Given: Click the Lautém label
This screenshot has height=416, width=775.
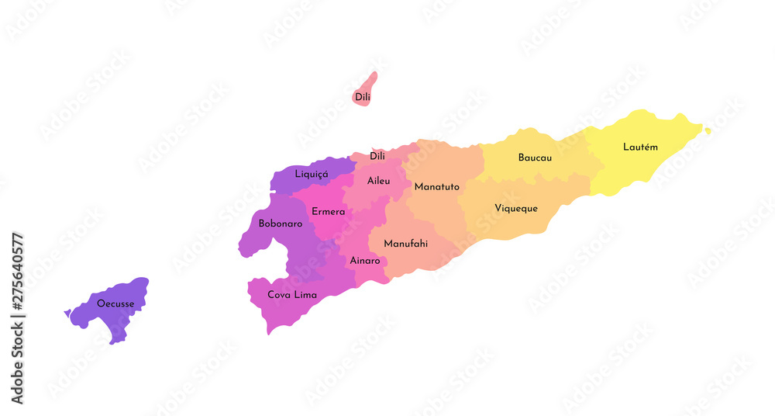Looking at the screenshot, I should pos(640,147).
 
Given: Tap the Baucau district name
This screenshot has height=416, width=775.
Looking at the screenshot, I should pos(535,158).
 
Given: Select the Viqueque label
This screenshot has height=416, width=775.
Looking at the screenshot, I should pos(515,208).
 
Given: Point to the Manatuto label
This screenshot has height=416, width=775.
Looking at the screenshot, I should pos(436,187).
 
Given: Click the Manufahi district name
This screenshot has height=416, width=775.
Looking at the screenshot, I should pos(405,244).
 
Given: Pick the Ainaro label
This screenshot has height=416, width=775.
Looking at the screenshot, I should pos(365,261).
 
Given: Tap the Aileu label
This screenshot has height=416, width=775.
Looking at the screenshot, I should pos(378,181).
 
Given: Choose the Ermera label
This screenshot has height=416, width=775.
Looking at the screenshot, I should pos(328,212).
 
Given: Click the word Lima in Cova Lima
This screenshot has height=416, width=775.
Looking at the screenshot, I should pos(304,295).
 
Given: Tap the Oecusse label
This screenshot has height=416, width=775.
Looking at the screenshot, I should pos(115,303).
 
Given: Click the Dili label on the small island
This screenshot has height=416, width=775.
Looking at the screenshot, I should pos(362,97).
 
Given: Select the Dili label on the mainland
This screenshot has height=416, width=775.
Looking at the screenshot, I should pos(377,156).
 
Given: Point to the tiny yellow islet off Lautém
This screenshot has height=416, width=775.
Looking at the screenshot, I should pos(708,130).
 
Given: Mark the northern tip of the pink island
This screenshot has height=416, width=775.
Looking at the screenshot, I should pos(374,75).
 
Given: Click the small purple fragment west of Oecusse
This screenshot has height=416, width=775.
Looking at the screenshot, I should pos(67,314).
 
